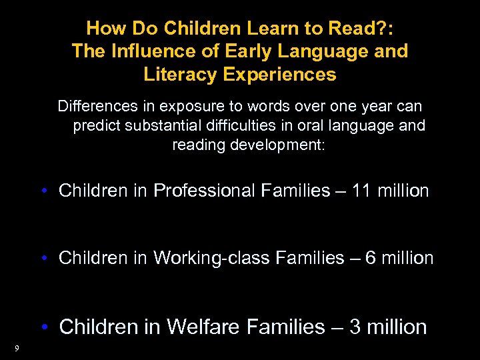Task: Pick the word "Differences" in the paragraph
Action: (96, 107)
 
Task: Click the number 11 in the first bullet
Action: (361, 191)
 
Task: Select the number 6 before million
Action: (370, 258)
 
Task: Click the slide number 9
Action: (16, 347)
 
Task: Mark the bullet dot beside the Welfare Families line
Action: (44, 327)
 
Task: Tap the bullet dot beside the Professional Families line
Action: (44, 191)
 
